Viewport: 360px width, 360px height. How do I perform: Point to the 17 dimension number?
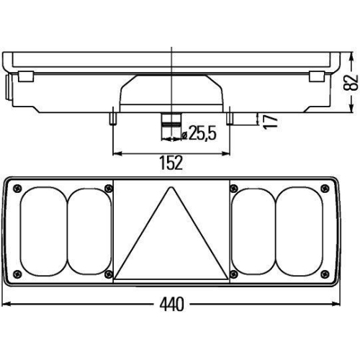click(270, 120)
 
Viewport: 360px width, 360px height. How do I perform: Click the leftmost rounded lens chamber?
click(42, 232)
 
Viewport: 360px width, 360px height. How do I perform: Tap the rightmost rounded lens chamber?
click(301, 232)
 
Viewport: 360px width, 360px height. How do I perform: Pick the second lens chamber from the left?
click(89, 232)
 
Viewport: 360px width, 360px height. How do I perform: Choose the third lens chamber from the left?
click(255, 232)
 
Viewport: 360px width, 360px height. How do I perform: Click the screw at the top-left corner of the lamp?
click(17, 188)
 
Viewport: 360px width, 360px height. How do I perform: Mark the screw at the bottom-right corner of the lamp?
click(328, 275)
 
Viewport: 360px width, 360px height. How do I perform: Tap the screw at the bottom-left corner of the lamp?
click(17, 275)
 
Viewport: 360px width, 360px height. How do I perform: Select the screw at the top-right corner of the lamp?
click(328, 188)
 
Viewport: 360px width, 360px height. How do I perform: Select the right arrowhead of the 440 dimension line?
click(337, 305)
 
